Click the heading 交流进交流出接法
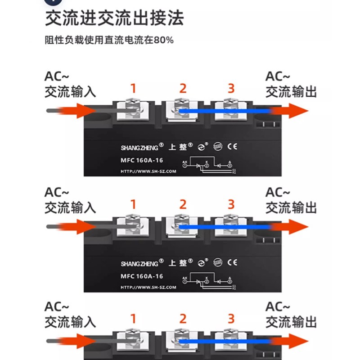pyautogui.click(x=114, y=19)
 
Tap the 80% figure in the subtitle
pyautogui.click(x=163, y=40)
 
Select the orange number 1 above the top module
pyautogui.click(x=133, y=89)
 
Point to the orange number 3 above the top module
pyautogui.click(x=231, y=88)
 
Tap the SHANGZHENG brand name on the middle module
pyautogui.click(x=139, y=263)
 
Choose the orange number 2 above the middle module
pyautogui.click(x=182, y=205)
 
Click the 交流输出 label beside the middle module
pyautogui.click(x=291, y=208)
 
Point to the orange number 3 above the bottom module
pyautogui.click(x=231, y=319)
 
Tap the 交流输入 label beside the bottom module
pyautogui.click(x=71, y=322)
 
